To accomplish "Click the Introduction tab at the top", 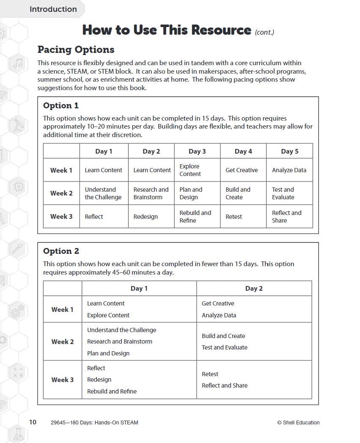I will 53,9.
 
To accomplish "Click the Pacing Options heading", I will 76,50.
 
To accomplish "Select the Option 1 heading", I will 61,105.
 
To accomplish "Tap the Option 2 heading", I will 61,251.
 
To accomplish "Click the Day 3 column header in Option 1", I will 197,151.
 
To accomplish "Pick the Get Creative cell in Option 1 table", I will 241,170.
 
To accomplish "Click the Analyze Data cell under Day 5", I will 289,170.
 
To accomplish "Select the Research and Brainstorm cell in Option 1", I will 151,193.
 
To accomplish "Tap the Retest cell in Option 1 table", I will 234,217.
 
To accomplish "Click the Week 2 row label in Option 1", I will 61,193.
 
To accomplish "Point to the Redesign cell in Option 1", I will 146,217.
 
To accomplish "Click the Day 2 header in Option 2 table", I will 254,289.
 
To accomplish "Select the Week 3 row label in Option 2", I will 62,380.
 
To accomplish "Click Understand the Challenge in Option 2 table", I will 121,330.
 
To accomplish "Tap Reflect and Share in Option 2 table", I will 225,385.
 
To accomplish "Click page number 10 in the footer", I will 33,422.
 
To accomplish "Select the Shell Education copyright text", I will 298,422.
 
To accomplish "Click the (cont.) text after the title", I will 264,32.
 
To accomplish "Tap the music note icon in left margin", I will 18,64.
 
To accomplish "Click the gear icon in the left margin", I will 16,313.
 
